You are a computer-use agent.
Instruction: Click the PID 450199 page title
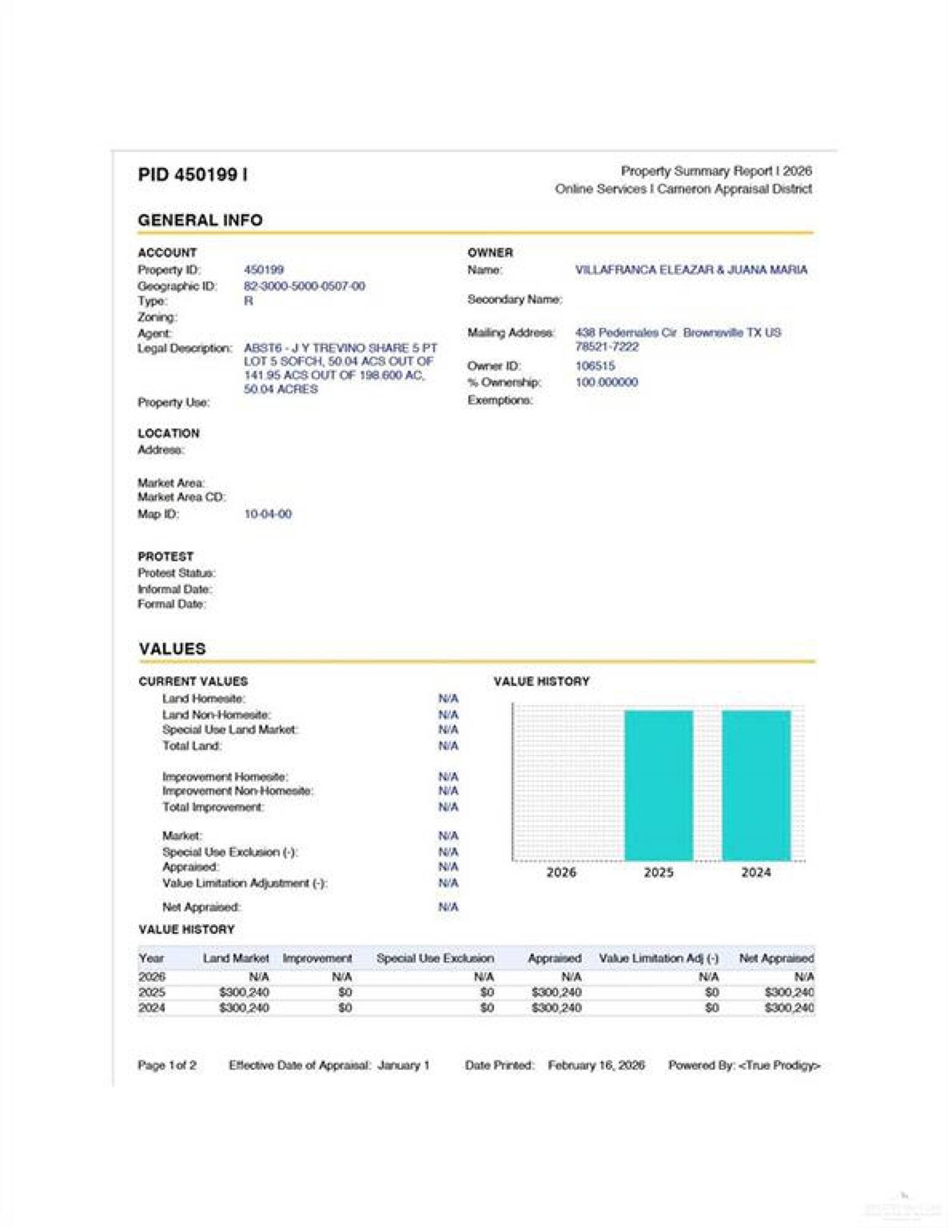click(x=192, y=175)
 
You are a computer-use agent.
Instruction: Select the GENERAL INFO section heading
click(x=200, y=220)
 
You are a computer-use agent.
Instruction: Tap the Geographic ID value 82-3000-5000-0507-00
click(x=304, y=286)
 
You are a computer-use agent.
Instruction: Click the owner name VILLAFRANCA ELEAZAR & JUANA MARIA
click(x=691, y=270)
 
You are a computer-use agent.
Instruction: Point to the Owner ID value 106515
click(x=594, y=366)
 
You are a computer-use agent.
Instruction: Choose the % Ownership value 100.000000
click(x=606, y=382)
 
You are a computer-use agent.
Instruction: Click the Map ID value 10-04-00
click(x=268, y=514)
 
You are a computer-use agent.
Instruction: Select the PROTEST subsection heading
click(x=165, y=556)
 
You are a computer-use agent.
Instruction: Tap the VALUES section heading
click(x=172, y=649)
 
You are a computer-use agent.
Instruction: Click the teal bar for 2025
click(x=658, y=785)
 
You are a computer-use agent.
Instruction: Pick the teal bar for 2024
click(x=756, y=785)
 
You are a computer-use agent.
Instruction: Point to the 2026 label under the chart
click(x=561, y=872)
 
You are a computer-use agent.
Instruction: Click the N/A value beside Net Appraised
click(x=448, y=907)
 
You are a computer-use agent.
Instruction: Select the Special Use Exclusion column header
click(x=435, y=958)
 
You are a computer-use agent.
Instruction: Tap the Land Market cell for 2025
click(x=244, y=992)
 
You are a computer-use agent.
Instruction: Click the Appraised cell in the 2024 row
click(x=556, y=1008)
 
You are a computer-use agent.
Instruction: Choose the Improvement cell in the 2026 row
click(x=341, y=977)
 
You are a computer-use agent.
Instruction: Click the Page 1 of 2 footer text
click(x=167, y=1065)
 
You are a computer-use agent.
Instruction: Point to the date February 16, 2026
click(x=596, y=1065)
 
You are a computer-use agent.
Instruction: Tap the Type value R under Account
click(x=248, y=301)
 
